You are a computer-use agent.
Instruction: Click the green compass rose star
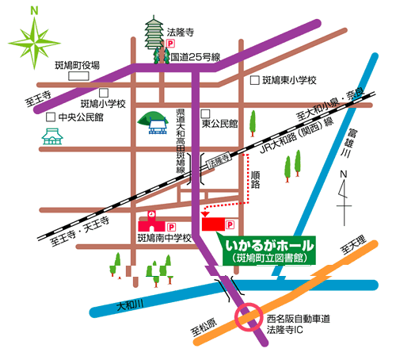(34, 43)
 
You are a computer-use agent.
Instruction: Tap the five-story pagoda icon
(154, 33)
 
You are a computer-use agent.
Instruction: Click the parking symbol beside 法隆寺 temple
(171, 44)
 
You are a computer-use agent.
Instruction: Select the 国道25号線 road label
(196, 57)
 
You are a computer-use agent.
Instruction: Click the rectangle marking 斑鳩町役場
(78, 76)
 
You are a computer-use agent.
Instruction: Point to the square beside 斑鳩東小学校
(254, 80)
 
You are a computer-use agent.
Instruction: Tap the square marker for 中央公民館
(51, 117)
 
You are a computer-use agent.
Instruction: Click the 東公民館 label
(219, 124)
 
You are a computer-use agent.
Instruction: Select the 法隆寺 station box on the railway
(219, 161)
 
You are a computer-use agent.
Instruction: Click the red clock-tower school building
(151, 223)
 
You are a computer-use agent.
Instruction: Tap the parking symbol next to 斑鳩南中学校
(171, 227)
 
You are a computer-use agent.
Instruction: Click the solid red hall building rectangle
(213, 224)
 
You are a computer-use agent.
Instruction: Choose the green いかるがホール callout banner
(269, 251)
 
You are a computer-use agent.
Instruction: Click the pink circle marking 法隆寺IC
(249, 317)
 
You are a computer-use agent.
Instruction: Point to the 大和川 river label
(130, 305)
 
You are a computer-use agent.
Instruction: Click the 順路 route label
(255, 180)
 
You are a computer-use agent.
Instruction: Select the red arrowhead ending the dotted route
(205, 214)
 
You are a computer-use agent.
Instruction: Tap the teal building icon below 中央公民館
(52, 136)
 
